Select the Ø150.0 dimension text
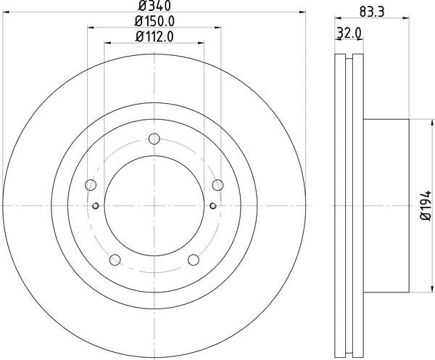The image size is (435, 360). pos(154,22)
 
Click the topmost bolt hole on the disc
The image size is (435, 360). pos(154,140)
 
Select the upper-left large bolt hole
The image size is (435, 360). pos(91,185)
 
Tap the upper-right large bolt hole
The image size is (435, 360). pos(216,185)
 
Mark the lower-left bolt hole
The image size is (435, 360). pos(115,260)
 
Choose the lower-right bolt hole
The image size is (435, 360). pos(192,260)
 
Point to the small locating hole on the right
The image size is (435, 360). pos(212,206)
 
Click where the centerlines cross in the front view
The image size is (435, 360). pos(154,206)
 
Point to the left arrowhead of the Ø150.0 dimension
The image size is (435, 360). pos(91,28)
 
